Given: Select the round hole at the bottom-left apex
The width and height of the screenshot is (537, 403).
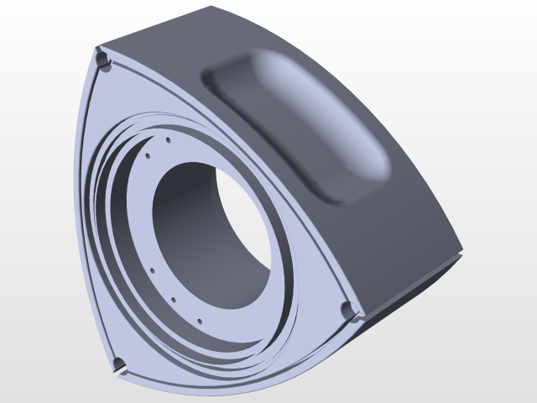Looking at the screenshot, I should point(119,364).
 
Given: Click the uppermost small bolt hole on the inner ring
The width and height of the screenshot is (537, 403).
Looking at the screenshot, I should point(169,139).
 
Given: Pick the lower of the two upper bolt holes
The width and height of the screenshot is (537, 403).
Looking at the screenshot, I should point(148,155).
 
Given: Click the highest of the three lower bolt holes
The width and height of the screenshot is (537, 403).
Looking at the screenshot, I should point(153,270).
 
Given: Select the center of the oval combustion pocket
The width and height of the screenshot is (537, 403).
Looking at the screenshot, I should point(302,126).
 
